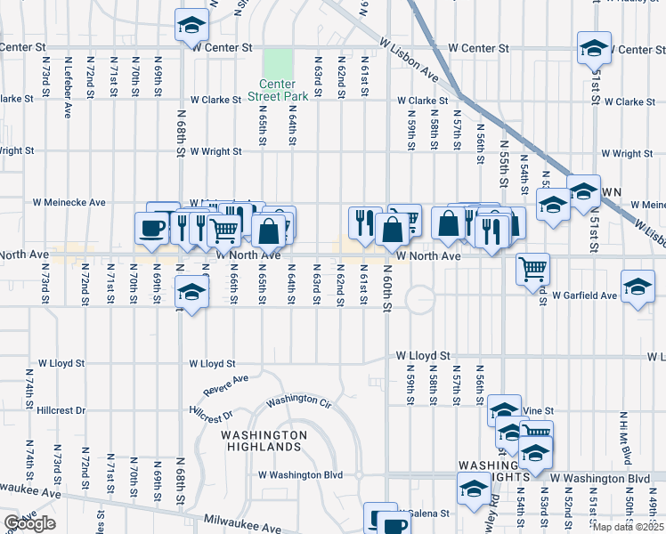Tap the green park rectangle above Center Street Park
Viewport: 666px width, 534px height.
(278, 63)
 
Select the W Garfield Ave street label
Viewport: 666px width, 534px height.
(584, 295)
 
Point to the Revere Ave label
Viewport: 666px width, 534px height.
(225, 384)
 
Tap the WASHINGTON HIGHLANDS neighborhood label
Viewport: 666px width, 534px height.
(264, 441)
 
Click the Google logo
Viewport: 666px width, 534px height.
(29, 523)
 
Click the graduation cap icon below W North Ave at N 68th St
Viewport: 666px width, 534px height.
(190, 290)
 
